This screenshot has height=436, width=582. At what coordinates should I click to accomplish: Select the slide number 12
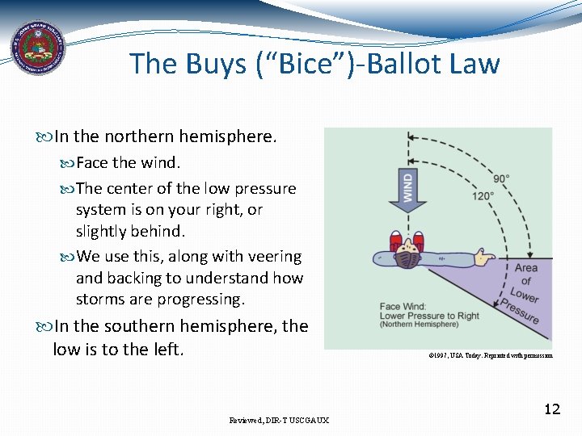click(551, 409)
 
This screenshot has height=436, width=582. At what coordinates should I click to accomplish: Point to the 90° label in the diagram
click(502, 178)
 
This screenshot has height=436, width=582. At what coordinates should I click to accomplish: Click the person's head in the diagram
click(408, 258)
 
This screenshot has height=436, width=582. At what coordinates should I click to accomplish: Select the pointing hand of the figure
click(484, 258)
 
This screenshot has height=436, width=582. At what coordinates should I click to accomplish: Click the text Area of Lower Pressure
click(525, 292)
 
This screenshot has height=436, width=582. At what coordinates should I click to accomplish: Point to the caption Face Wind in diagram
click(403, 307)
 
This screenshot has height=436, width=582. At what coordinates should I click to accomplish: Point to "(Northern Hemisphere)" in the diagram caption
click(420, 325)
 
